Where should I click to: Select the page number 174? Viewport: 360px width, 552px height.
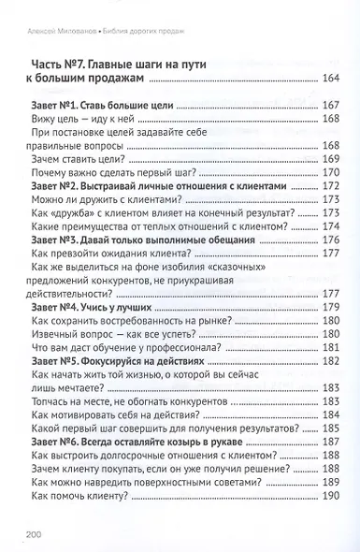tap(332, 226)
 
